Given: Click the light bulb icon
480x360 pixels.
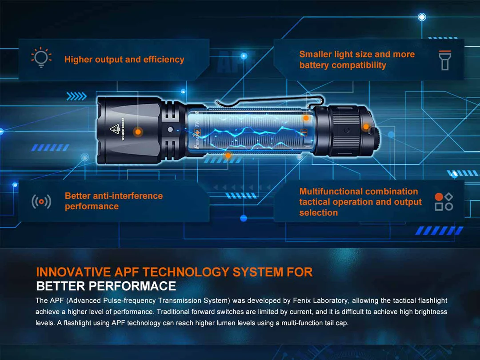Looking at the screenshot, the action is (41, 57).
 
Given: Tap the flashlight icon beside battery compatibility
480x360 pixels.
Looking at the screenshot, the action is (445, 60).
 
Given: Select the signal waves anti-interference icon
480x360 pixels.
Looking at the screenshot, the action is (41, 201).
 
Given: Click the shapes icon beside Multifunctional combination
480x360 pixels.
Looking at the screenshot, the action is (444, 202).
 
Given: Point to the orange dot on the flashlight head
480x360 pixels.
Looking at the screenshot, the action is (138, 132).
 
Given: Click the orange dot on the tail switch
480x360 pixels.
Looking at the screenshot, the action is (366, 126).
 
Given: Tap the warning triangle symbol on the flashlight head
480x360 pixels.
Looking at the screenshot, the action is (115, 129).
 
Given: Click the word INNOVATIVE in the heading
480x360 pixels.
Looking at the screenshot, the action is (73, 272).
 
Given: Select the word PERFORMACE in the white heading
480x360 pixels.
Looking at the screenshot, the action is (132, 286).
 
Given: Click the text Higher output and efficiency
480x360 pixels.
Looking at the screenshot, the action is (124, 60).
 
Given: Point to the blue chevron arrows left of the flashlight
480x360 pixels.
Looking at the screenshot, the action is (76, 96).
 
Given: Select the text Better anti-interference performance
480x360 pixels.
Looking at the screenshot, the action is (114, 201).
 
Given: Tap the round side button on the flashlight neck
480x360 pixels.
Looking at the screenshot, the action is (170, 130).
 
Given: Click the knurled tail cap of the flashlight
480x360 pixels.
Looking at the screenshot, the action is (346, 131).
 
